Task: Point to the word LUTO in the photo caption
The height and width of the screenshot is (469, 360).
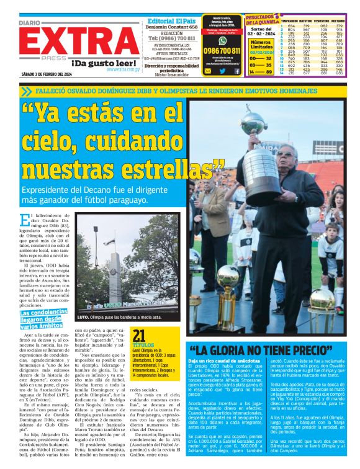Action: [83, 318]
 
